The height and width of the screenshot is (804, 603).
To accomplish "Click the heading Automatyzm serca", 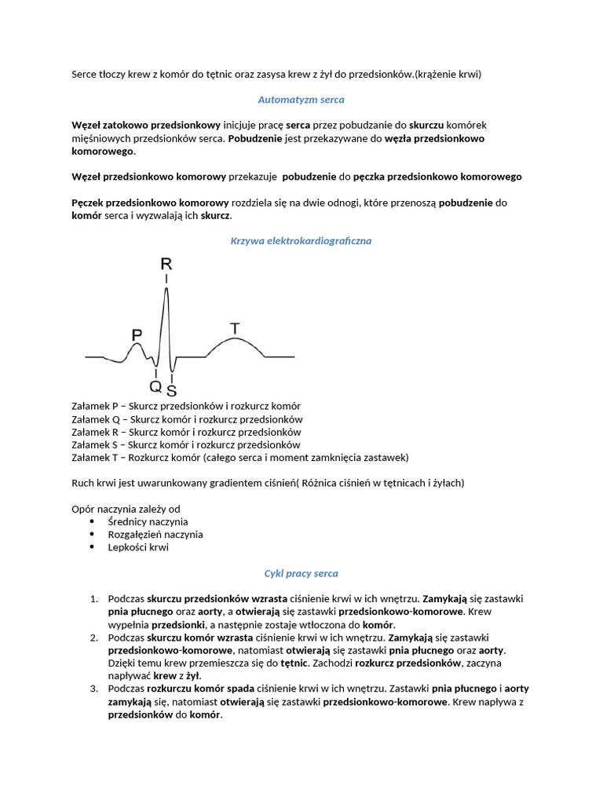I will [301, 100].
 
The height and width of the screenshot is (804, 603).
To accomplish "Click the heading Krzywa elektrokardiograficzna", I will [301, 241].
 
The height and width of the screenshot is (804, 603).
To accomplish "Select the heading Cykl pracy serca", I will [301, 573].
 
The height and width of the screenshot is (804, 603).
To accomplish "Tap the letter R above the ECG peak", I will [166, 264].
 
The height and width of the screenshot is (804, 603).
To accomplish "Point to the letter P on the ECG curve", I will [137, 335].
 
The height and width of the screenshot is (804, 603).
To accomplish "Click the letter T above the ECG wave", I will [235, 327].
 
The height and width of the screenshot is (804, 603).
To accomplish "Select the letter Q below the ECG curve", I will [155, 386].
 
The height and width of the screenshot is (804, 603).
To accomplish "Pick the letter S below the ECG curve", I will [171, 390].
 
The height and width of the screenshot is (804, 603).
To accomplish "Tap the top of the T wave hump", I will [235, 338].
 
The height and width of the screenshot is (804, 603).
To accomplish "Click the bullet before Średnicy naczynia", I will [93, 521].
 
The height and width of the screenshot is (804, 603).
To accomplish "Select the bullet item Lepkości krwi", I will [138, 547].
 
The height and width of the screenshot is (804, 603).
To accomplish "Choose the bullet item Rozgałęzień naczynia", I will [155, 534].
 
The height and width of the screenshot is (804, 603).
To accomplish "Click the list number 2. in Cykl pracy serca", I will [94, 638].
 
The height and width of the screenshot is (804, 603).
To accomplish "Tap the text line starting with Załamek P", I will [186, 406].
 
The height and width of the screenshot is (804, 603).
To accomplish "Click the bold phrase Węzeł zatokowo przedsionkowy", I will [145, 126].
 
